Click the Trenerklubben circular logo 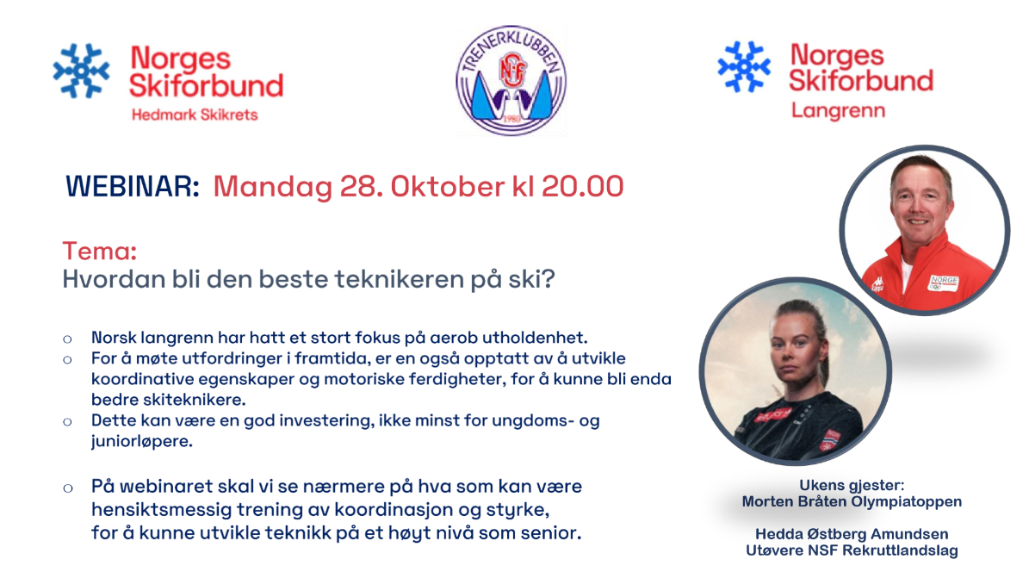pyautogui.click(x=511, y=80)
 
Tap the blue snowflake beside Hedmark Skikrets pyautogui.click(x=82, y=71)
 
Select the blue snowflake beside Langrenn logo pyautogui.click(x=743, y=66)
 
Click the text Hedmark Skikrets pyautogui.click(x=195, y=115)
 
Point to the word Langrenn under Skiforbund pyautogui.click(x=838, y=110)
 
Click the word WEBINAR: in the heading pyautogui.click(x=132, y=187)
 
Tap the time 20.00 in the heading pyautogui.click(x=582, y=187)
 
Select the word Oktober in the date pyautogui.click(x=448, y=187)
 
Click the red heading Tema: pyautogui.click(x=100, y=251)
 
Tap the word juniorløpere pyautogui.click(x=142, y=441)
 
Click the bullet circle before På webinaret pyautogui.click(x=67, y=488)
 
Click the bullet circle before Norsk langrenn pyautogui.click(x=67, y=339)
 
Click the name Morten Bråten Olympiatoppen pyautogui.click(x=852, y=502)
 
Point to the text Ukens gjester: pyautogui.click(x=852, y=485)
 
